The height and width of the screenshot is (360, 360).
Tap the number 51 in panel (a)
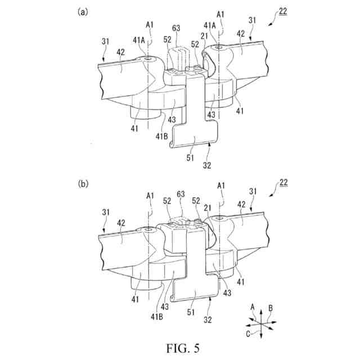pyautogui.click(x=190, y=158)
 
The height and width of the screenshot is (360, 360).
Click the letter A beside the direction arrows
pyautogui.click(x=253, y=307)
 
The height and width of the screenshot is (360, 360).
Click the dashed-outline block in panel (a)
pyautogui.click(x=179, y=57)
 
